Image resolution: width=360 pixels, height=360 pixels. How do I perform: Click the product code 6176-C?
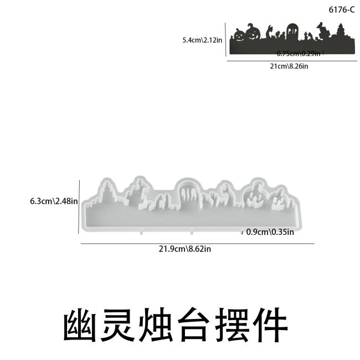[x=342, y=10]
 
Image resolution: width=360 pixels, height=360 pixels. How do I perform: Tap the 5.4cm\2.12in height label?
[x=202, y=40]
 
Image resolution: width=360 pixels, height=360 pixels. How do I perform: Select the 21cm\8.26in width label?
[x=289, y=66]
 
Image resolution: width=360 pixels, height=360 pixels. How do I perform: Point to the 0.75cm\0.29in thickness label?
[x=298, y=54]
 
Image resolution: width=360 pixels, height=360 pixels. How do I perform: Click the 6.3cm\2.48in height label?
[x=54, y=201]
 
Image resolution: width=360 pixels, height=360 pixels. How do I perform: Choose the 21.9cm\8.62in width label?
[x=185, y=249]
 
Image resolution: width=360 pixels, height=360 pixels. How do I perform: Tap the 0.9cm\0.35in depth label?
[x=270, y=232]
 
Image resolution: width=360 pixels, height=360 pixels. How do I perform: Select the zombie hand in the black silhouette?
[x=269, y=32]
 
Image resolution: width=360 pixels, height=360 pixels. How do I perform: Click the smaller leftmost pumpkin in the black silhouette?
[x=239, y=35]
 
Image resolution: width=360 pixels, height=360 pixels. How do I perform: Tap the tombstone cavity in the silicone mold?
[x=189, y=192]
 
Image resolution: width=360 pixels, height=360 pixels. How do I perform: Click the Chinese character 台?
[x=194, y=325]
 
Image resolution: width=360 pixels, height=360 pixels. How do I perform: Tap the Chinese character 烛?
[x=156, y=325]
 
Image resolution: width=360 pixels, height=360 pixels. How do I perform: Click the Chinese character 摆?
[x=232, y=325]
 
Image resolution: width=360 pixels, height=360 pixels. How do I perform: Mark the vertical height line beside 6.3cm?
[x=79, y=207]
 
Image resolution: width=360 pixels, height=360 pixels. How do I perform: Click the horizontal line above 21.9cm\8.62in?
[x=198, y=243]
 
